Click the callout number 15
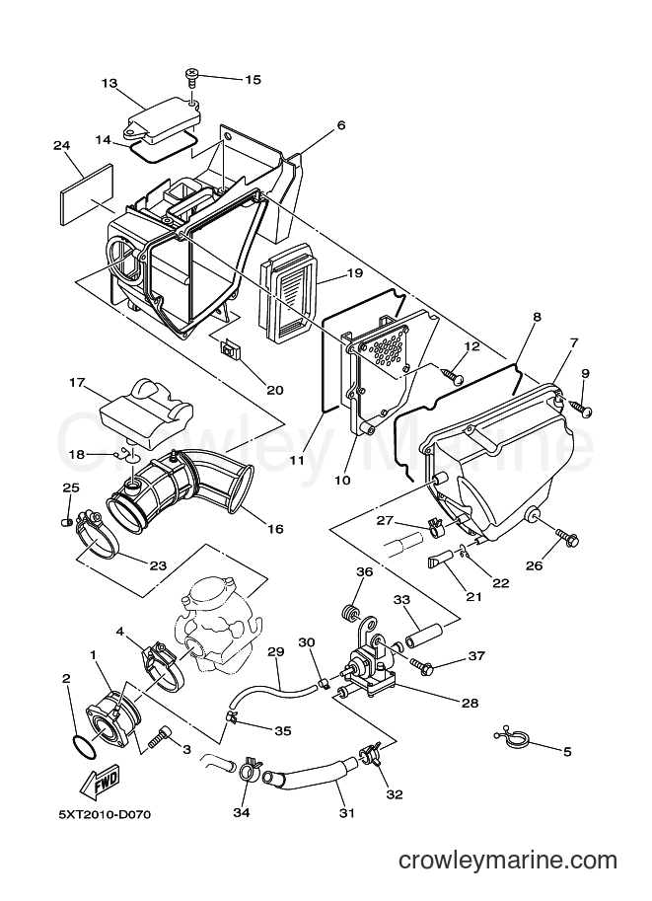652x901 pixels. (253, 79)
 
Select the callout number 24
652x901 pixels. (61, 146)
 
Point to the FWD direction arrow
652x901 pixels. (102, 781)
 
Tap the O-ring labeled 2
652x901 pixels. (84, 747)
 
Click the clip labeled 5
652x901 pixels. (512, 738)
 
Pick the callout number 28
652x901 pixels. (470, 703)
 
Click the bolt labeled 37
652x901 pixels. (420, 665)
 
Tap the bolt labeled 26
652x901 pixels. (567, 538)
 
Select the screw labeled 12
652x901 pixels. (454, 376)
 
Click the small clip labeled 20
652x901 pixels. (232, 349)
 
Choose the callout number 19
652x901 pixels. (354, 272)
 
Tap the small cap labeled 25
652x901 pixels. (65, 522)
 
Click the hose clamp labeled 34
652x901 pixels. (249, 769)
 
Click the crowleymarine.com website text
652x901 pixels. (508, 861)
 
